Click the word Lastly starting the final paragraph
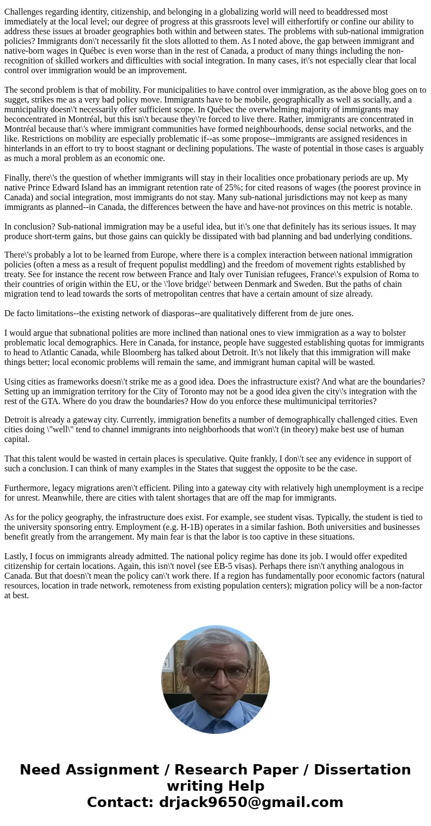[x=16, y=556]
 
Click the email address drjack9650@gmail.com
[x=251, y=803]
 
